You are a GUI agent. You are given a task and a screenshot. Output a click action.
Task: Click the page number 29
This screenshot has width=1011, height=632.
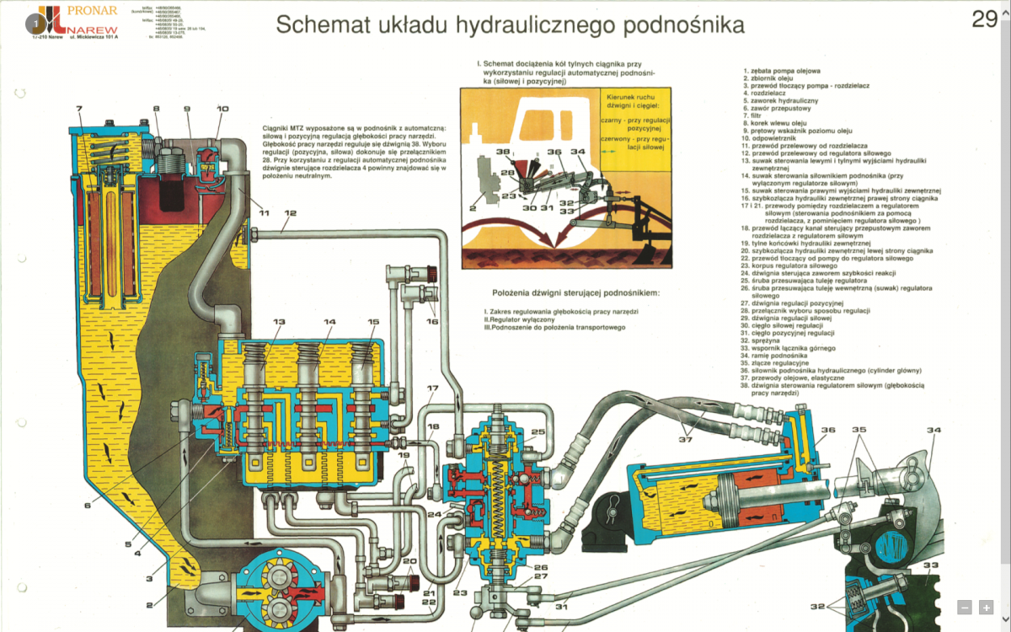point(984,19)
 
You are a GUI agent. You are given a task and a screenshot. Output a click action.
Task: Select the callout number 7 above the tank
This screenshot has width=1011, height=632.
point(78,109)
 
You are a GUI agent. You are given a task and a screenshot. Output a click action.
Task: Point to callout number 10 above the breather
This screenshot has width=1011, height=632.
point(222,109)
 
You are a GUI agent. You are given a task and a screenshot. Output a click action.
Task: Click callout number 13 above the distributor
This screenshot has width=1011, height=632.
point(278,322)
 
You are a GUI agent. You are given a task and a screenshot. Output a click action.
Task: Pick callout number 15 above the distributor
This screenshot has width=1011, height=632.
point(373,322)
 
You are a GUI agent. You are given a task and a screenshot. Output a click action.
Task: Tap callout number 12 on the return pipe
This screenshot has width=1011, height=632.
point(290,213)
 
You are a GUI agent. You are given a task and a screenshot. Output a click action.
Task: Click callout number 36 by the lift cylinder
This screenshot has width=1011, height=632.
point(828,431)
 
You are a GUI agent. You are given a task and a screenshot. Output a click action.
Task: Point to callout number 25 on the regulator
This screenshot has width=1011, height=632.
point(538,432)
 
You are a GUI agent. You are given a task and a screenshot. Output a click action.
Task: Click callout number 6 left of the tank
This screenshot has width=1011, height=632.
point(87,506)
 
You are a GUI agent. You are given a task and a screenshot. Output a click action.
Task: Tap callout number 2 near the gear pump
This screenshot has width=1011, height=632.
point(149,604)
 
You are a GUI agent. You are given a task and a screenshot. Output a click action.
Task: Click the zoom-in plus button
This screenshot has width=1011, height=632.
point(985,607)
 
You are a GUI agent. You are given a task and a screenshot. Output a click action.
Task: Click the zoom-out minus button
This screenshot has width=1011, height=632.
point(965,607)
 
